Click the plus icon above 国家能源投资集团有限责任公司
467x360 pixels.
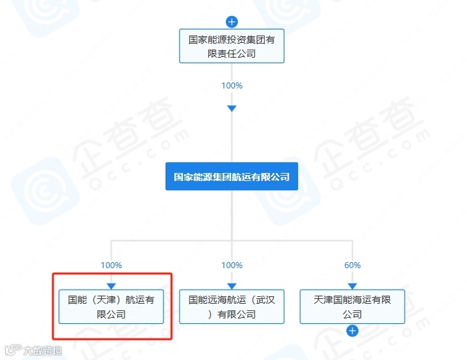point(232,21)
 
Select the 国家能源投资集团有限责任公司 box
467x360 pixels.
point(232,46)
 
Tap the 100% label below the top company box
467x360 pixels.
point(232,86)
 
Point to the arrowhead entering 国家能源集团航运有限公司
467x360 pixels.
point(232,109)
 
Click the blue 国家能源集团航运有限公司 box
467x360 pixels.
point(232,177)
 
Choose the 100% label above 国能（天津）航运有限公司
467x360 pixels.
point(111,265)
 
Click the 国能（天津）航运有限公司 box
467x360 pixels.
point(111,307)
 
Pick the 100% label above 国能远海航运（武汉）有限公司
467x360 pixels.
point(232,265)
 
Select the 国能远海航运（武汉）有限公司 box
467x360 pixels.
point(232,307)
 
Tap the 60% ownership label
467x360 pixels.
point(352,265)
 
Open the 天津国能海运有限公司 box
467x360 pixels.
point(352,307)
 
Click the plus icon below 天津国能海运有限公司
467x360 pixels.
point(352,331)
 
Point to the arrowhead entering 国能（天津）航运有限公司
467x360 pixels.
point(111,286)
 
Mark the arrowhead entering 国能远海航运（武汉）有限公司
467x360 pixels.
point(232,286)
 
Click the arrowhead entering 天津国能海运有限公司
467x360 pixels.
point(352,286)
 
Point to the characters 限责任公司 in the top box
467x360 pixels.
point(232,54)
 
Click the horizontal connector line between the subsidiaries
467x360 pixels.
point(172,240)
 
